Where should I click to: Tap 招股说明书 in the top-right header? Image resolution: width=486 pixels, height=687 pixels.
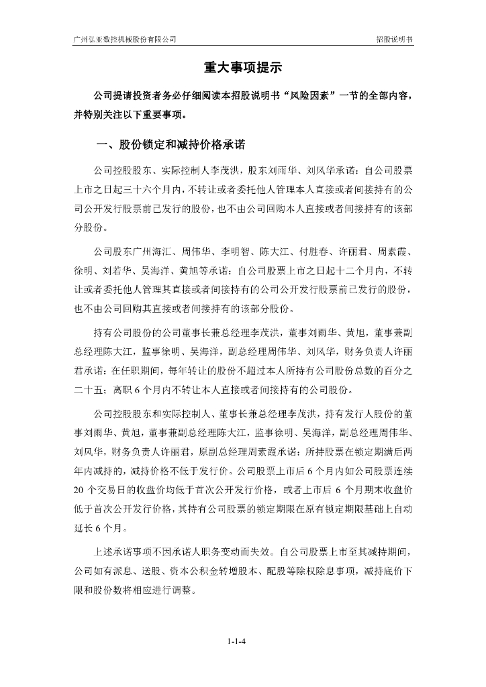point(394,40)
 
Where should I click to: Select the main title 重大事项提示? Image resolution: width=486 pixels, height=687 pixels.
point(242,68)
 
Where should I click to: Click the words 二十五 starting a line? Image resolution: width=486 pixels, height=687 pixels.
point(88,390)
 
